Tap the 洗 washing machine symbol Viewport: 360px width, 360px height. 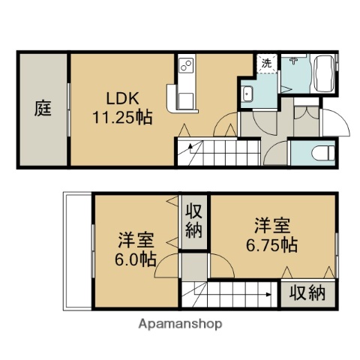(266, 64)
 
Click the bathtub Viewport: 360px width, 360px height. (324, 73)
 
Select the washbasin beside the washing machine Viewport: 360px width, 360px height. (248, 94)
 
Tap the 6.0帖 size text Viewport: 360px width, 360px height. (135, 260)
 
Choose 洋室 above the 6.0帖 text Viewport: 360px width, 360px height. (135, 241)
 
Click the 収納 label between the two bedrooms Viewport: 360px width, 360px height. (194, 219)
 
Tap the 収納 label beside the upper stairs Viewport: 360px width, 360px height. (307, 292)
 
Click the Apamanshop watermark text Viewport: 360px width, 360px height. (180, 324)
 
